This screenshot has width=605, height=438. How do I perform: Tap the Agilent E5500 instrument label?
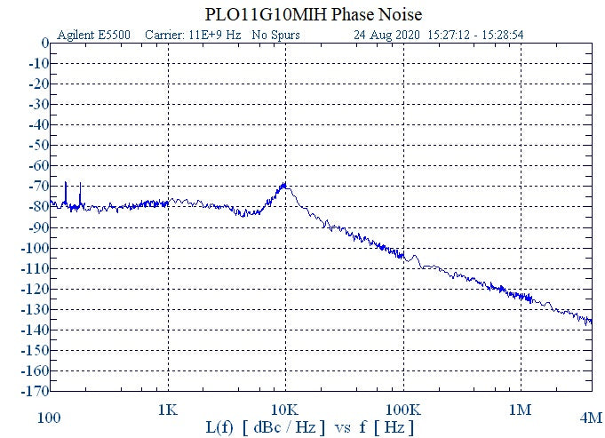pos(93,36)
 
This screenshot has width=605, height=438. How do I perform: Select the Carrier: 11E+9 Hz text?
pos(194,36)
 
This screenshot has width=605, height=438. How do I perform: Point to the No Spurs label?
pos(275,36)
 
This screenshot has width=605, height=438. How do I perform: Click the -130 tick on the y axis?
pos(34,309)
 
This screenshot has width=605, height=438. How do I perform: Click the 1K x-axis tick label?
pos(167,410)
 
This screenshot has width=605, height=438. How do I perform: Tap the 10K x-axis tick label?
pos(284,410)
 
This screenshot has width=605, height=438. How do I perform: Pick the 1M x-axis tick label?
pos(520,410)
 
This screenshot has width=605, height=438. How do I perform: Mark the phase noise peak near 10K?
pos(284,184)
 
